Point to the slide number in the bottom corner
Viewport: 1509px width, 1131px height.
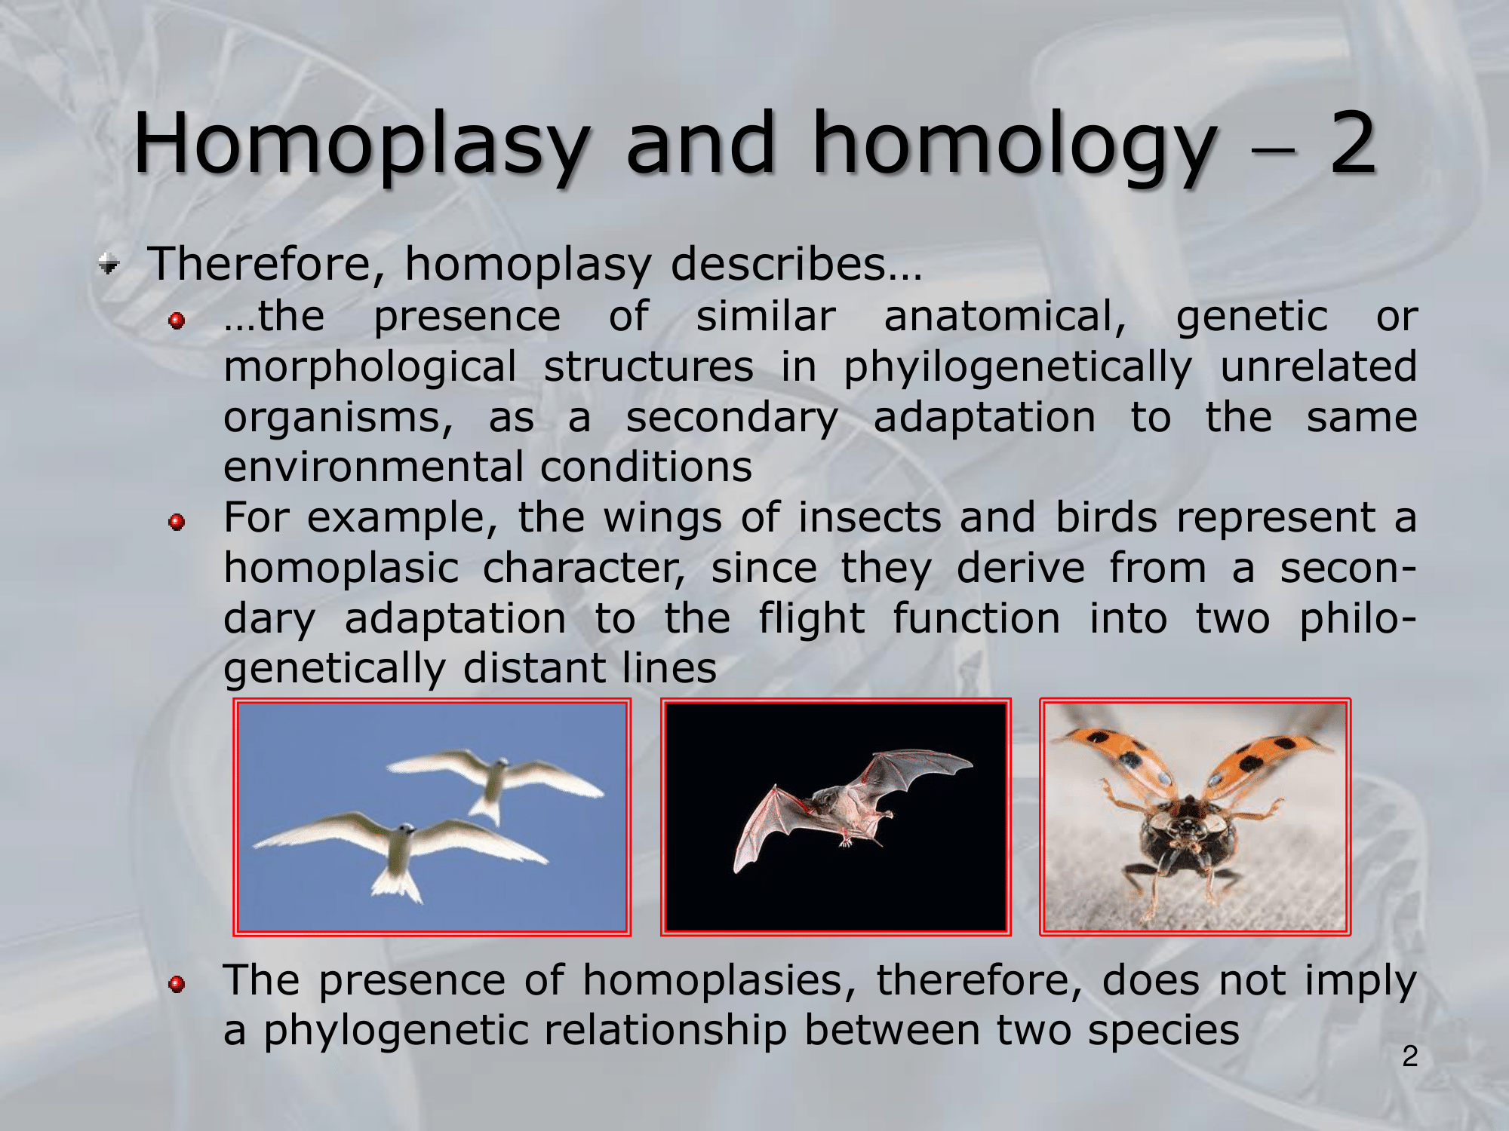[1410, 1056]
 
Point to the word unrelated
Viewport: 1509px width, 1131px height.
[1319, 366]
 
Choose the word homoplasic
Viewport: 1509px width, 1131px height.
[341, 569]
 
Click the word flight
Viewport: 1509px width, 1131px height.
[812, 620]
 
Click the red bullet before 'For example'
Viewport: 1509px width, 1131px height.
[177, 522]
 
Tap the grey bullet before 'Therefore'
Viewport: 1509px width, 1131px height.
[109, 265]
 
